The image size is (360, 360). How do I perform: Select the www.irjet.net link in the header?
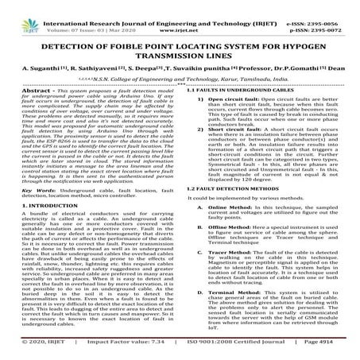click(180, 14)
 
